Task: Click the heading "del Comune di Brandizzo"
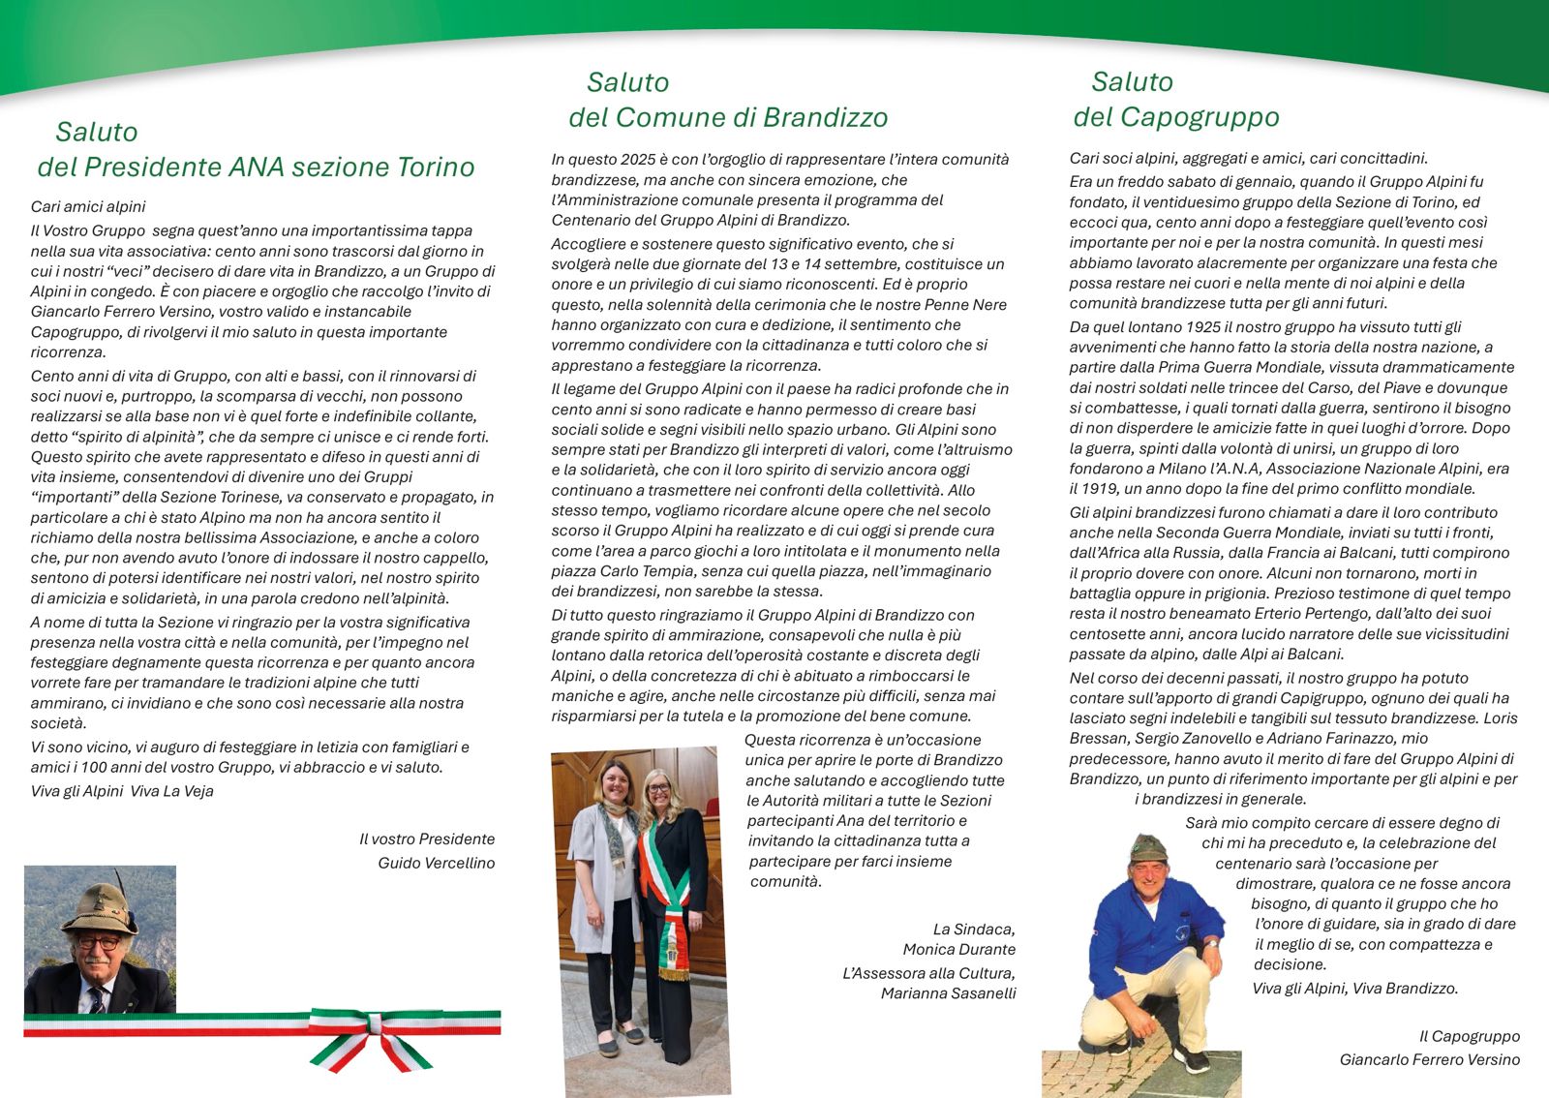[x=728, y=118]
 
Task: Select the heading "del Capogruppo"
[x=1176, y=118]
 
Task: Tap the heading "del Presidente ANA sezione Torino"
[x=257, y=168]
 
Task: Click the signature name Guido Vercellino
[x=437, y=863]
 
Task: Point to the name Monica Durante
[x=959, y=949]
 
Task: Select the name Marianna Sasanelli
[x=949, y=993]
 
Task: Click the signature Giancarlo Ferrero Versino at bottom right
[x=1430, y=1059]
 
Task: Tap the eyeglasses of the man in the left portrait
[x=98, y=942]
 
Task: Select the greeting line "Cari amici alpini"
[x=88, y=206]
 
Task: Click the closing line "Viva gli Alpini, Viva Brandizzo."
[x=1355, y=989]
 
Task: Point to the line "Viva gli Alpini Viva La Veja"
[x=122, y=791]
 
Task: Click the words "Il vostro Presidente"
[x=427, y=839]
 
